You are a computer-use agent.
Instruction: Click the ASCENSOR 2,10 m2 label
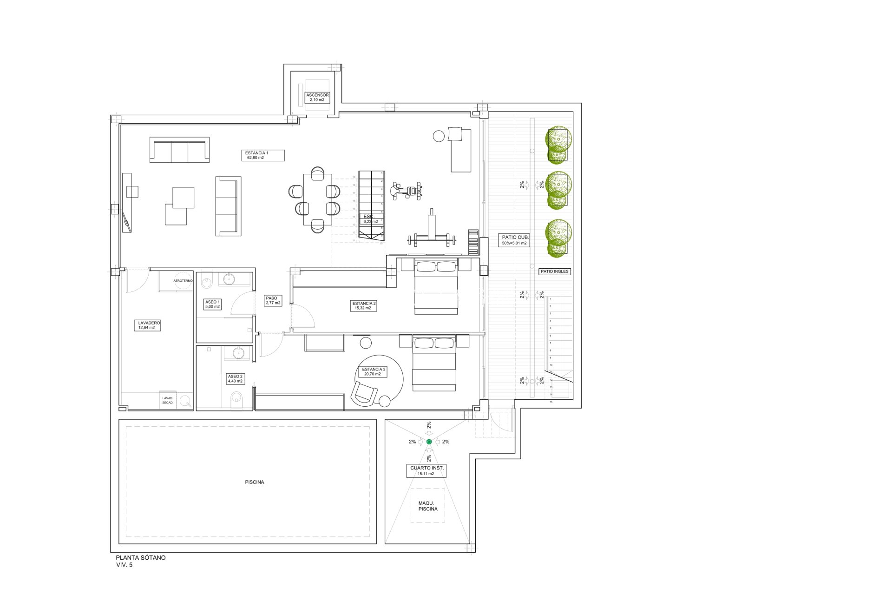317,97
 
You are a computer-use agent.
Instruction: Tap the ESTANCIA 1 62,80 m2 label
263,155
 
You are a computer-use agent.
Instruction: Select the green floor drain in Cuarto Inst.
429,442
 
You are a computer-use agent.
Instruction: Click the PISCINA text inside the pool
254,482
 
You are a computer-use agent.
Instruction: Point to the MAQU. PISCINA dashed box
427,506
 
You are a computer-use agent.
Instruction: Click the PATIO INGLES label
554,271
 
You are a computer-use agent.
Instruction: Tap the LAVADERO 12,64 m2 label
149,325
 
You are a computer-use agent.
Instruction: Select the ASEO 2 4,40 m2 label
235,379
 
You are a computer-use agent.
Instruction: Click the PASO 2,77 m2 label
273,300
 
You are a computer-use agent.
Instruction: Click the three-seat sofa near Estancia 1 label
179,150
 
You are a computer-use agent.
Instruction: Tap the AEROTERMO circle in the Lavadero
183,280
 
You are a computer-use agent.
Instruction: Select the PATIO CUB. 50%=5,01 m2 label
514,240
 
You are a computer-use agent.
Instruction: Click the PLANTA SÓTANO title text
140,557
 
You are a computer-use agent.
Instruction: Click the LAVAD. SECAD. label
168,400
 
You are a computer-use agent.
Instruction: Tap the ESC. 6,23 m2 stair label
370,219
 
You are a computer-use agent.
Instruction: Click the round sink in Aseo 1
229,279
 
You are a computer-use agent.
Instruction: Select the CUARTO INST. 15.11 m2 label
426,470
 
